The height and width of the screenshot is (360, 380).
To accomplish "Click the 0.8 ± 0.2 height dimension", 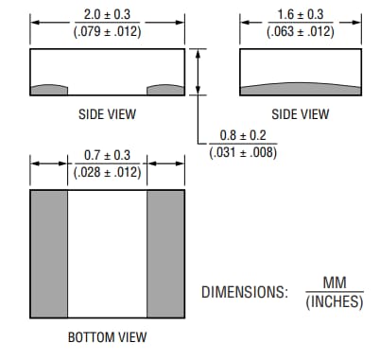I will click(242, 135).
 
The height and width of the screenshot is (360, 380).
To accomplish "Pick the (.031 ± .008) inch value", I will click(242, 152).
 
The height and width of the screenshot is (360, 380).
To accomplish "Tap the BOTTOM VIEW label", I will click(107, 337).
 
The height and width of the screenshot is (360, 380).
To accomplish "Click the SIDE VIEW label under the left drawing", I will click(107, 114).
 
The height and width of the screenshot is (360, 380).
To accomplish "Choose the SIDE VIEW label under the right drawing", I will click(300, 114).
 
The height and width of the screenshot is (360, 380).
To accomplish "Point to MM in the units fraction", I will click(335, 283).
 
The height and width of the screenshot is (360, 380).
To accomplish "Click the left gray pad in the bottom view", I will click(49, 255).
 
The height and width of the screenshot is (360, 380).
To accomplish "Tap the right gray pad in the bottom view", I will click(165, 255).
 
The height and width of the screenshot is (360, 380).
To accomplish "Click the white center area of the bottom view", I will click(107, 255).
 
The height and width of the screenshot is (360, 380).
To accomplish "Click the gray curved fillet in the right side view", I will click(299, 89).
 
